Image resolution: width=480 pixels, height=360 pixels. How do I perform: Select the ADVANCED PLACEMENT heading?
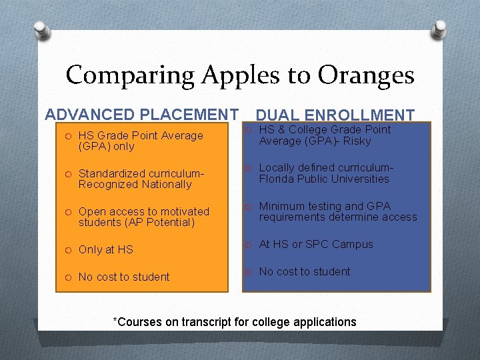(x=141, y=115)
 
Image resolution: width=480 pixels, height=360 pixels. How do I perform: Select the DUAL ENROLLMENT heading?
(x=335, y=115)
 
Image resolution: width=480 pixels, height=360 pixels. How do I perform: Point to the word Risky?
(x=357, y=141)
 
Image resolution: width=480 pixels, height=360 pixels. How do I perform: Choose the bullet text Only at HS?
(x=106, y=250)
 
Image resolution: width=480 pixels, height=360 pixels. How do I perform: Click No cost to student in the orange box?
(x=124, y=277)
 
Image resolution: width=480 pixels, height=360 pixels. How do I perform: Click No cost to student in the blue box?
(x=304, y=272)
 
